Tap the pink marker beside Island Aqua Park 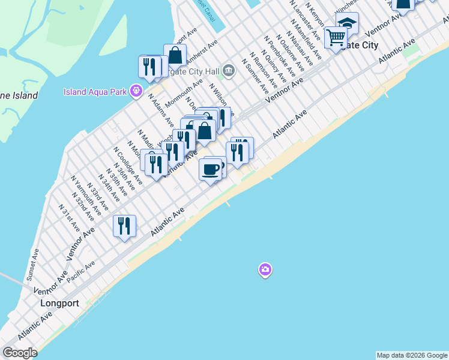pos(137,91)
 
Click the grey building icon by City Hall pos(228,71)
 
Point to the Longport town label pos(59,303)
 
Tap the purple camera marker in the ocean pos(265,270)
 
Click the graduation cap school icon pos(347,23)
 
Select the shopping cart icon pos(336,37)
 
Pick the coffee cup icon pos(210,170)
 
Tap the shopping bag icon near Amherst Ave pos(175,56)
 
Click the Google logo pos(19,353)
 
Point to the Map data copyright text pos(412,355)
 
